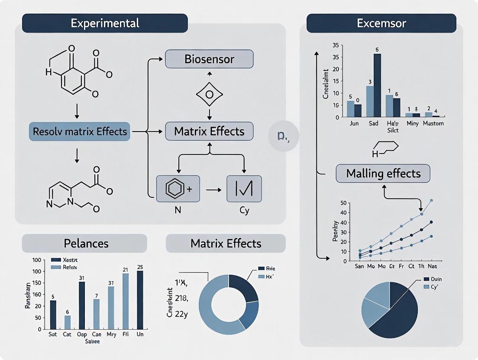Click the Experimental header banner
click(105, 23)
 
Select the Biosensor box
click(210, 59)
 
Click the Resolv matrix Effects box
click(80, 131)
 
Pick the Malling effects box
click(383, 174)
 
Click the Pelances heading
click(86, 243)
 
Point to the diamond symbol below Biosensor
click(210, 95)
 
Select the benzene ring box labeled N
click(178, 189)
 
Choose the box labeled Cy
click(244, 189)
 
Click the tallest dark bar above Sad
click(377, 85)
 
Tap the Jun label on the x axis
click(353, 123)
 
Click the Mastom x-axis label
click(431, 123)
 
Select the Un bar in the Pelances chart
click(140, 300)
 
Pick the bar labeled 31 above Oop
click(82, 305)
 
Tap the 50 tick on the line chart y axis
click(344, 202)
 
